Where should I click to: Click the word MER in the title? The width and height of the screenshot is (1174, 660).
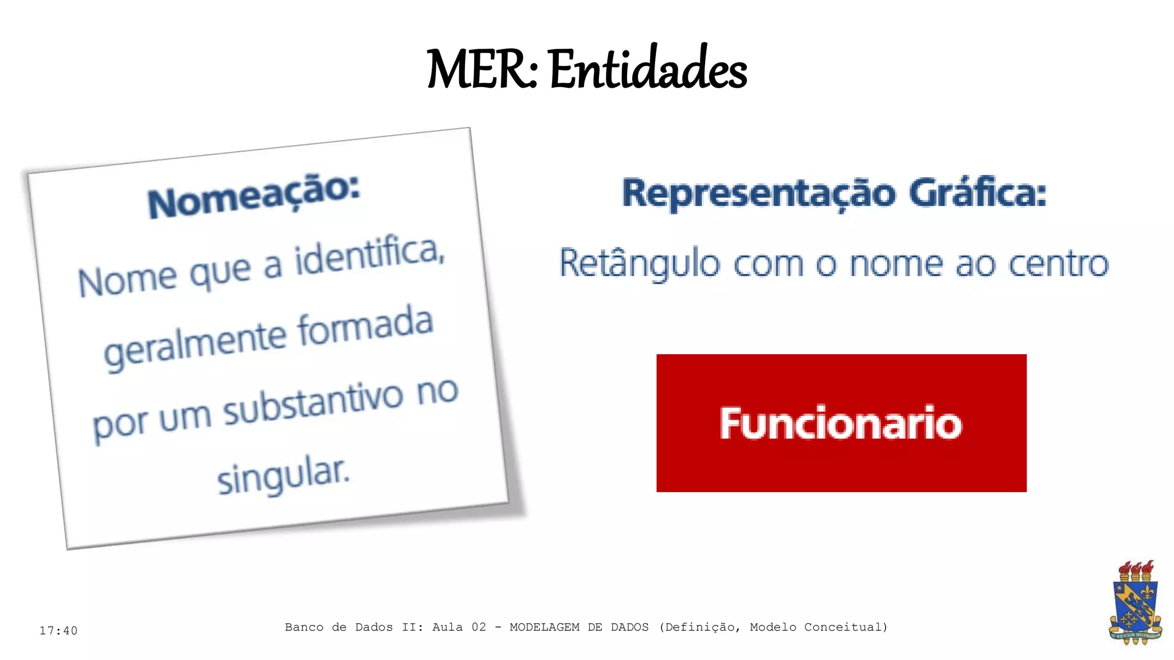(x=479, y=70)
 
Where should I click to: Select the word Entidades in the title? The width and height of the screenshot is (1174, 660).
(x=648, y=70)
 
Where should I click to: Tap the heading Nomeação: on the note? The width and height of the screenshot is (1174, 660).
(x=253, y=196)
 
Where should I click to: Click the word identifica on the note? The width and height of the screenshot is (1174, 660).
(x=370, y=257)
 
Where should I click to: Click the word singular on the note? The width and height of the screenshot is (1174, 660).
(x=283, y=475)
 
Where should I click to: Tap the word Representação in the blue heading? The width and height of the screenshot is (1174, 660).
(x=758, y=194)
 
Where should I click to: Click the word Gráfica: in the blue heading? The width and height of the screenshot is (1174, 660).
(x=978, y=193)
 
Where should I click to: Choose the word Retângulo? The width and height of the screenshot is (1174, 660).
(x=639, y=264)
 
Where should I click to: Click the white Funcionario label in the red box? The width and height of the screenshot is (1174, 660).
(x=840, y=423)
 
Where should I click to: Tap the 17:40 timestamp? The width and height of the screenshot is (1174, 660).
(x=58, y=631)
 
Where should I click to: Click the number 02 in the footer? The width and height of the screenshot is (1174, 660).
(x=479, y=627)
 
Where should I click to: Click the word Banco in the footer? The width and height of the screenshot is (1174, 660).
(x=304, y=627)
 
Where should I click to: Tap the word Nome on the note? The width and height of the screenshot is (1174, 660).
(x=127, y=280)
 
